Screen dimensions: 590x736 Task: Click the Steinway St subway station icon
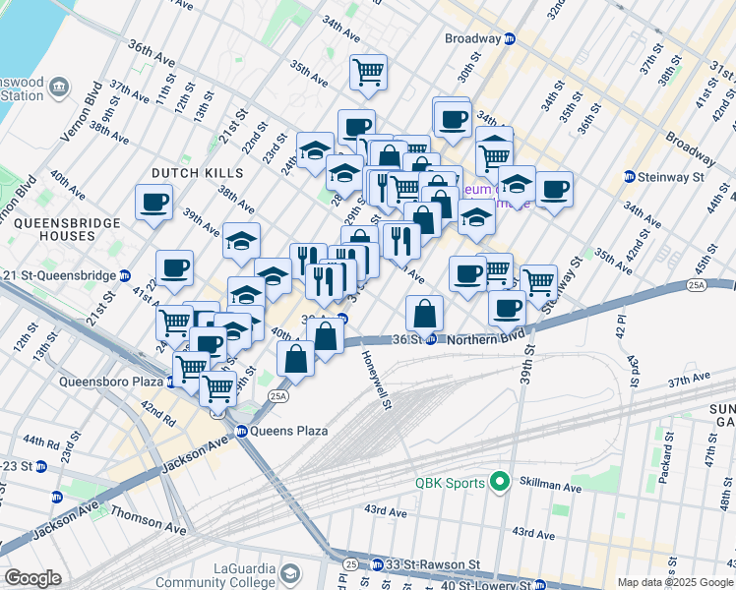(630, 177)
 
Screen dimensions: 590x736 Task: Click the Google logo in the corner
(33, 578)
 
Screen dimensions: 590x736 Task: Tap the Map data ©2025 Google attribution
(674, 582)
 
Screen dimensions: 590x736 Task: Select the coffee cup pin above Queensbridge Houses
(154, 204)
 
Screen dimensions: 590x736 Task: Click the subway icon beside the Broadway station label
(510, 39)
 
